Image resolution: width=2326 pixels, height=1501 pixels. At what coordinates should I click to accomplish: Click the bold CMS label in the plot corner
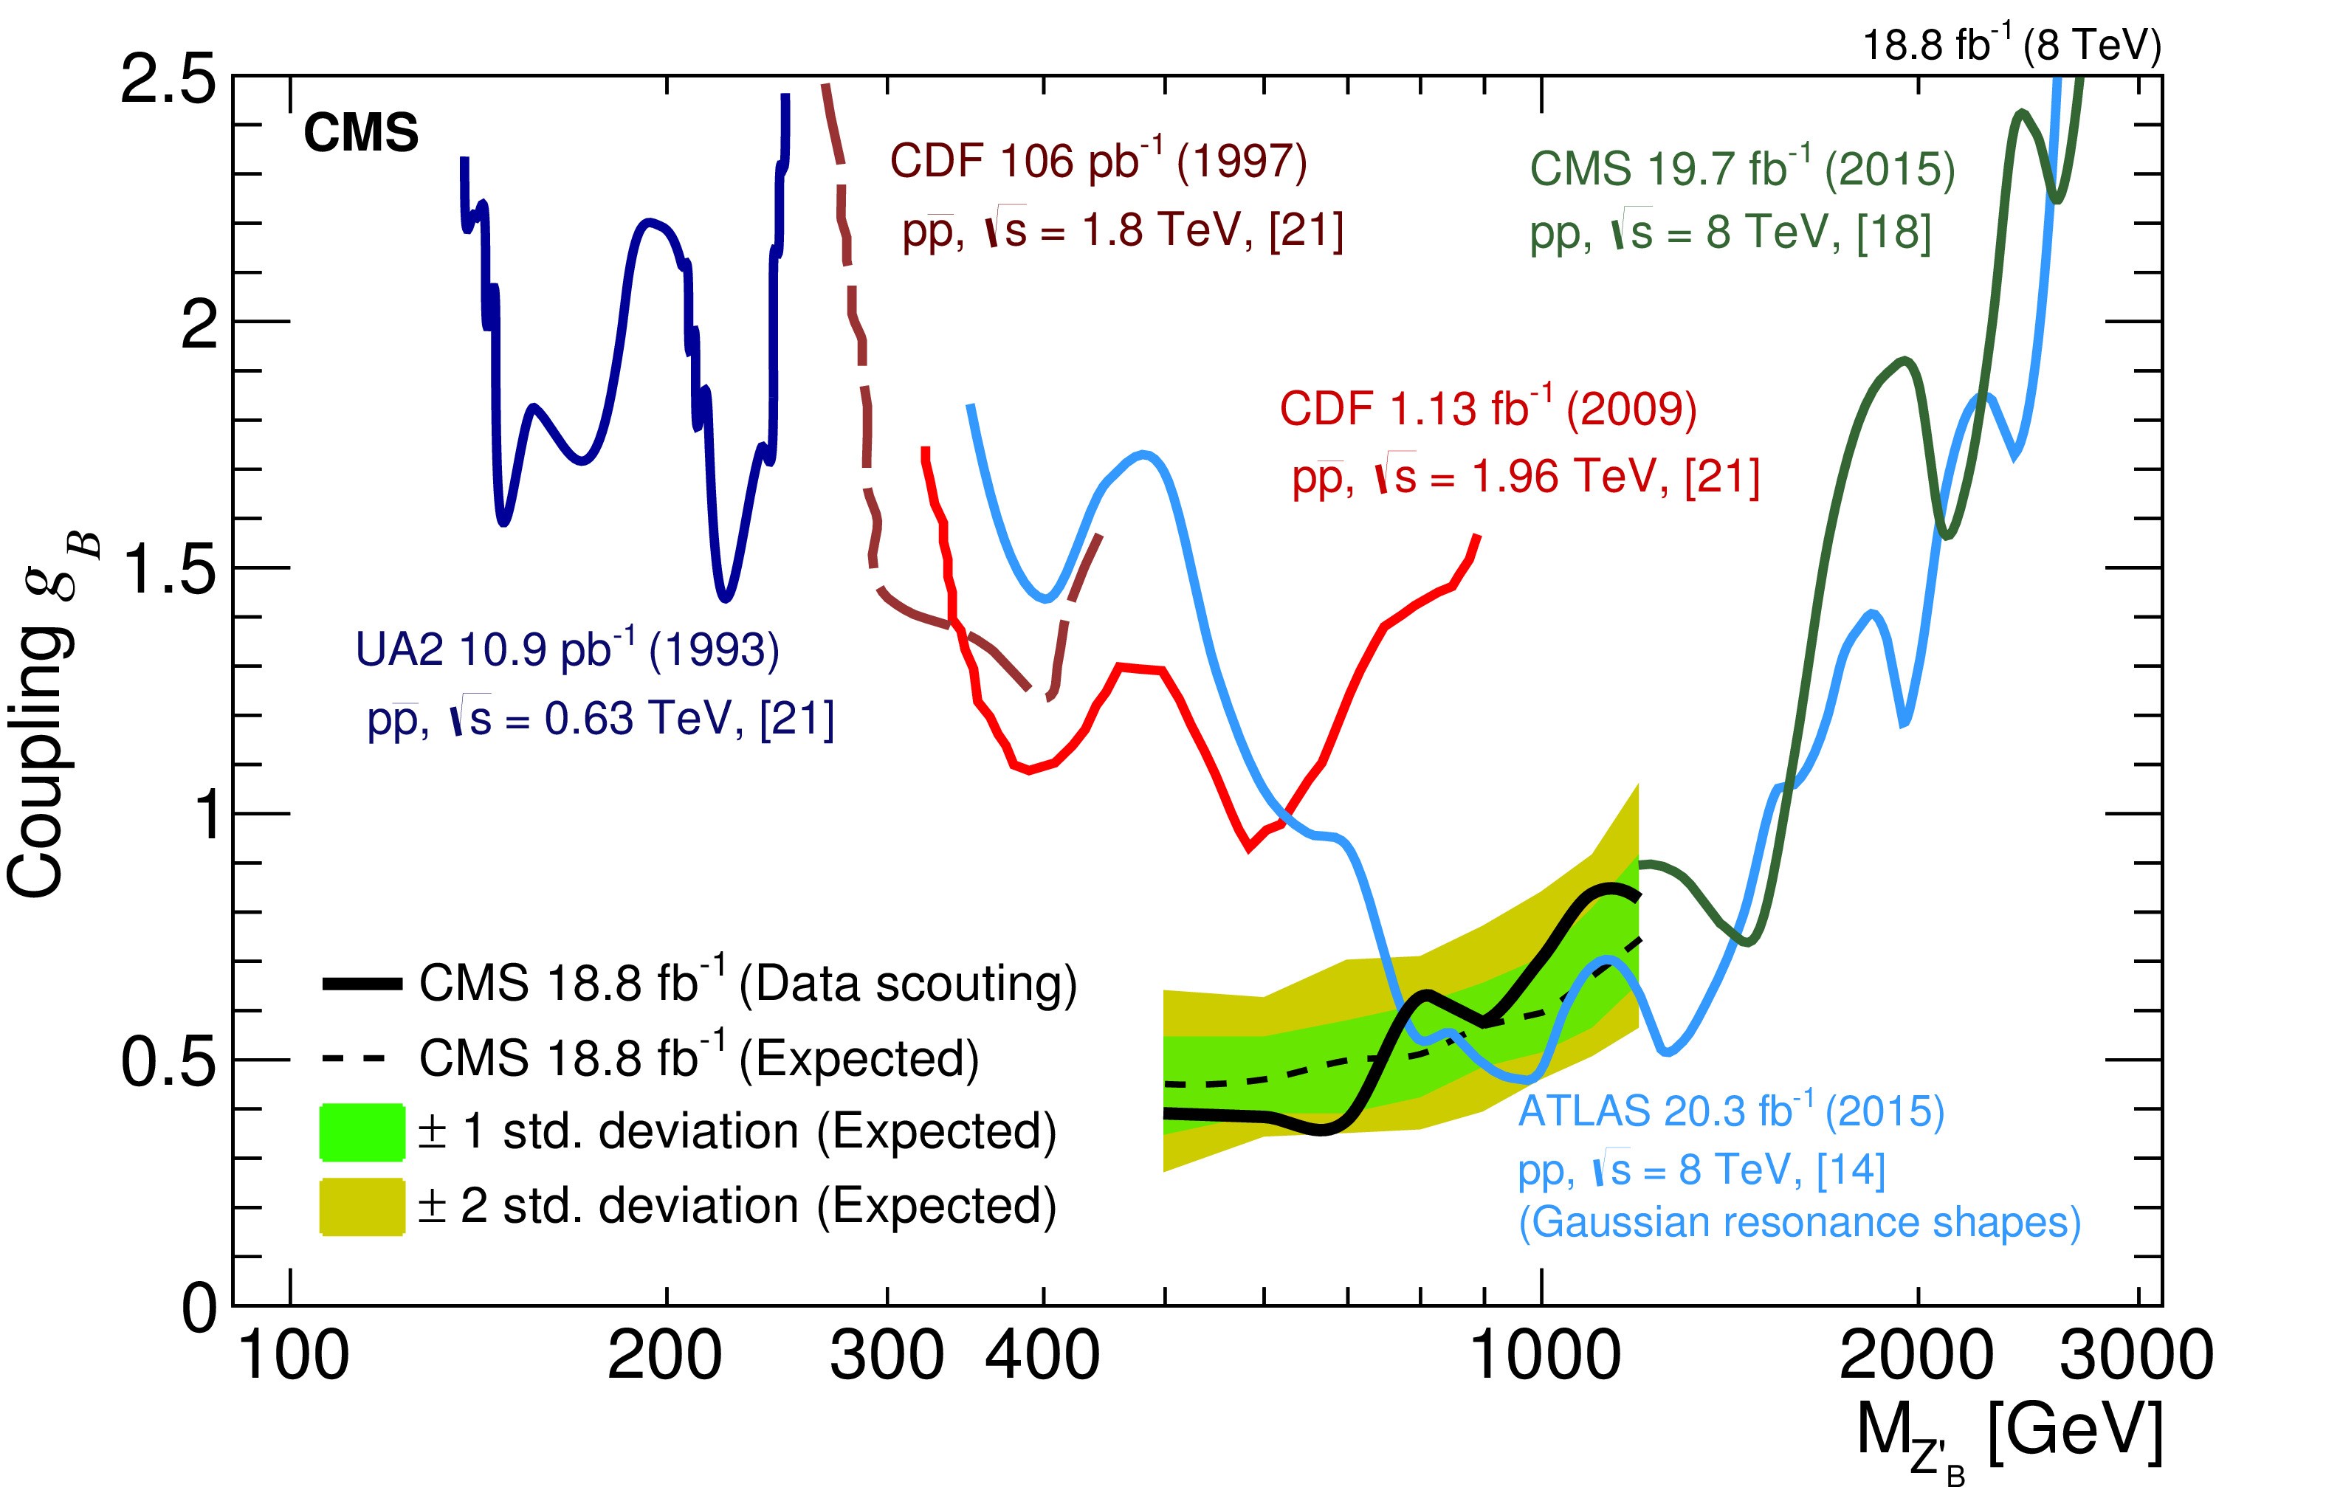point(361,133)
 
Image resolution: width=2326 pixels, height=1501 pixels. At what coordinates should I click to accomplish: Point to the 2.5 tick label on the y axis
point(168,78)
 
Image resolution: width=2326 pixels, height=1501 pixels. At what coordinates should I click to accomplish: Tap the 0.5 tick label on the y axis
point(168,1061)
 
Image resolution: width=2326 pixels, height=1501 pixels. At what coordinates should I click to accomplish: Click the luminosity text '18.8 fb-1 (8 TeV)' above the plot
point(2011,44)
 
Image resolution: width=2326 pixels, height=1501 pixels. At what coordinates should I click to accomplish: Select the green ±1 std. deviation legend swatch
point(362,1131)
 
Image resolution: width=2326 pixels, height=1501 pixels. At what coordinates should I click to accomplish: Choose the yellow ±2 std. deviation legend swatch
point(362,1207)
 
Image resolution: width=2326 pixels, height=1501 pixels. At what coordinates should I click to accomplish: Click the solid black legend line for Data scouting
point(362,984)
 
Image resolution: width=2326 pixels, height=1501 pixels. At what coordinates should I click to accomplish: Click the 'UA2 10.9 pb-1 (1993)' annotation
point(568,649)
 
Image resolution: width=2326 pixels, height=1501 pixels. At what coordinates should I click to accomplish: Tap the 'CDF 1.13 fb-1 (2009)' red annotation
point(1487,408)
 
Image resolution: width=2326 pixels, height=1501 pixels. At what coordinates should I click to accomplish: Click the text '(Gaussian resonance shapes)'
point(1800,1222)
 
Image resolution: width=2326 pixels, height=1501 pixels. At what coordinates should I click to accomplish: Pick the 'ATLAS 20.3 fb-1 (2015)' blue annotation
point(1731,1111)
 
